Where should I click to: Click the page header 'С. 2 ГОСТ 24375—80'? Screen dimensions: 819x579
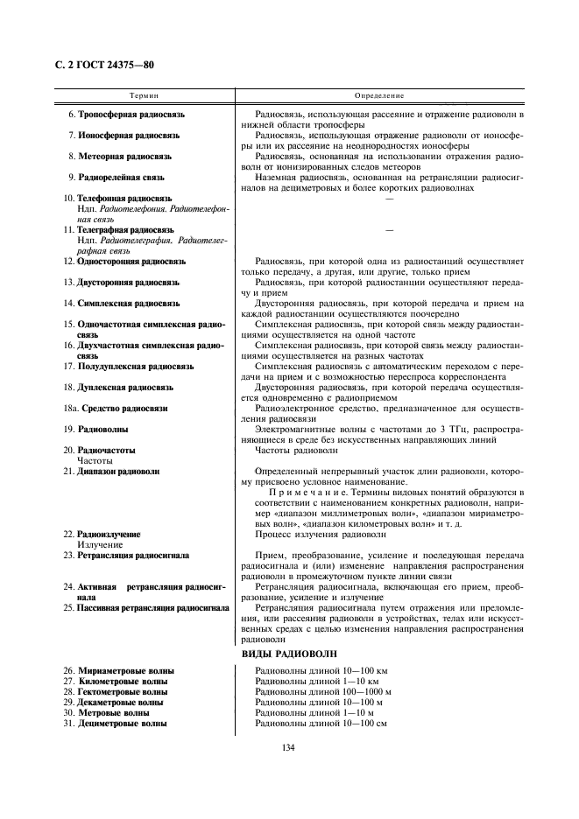(98, 66)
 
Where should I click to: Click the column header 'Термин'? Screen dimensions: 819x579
(145, 94)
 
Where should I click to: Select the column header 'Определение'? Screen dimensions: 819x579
(379, 94)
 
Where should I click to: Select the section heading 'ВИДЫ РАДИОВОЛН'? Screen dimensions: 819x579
(288, 654)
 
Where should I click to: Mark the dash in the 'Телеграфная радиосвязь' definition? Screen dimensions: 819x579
(389, 230)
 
